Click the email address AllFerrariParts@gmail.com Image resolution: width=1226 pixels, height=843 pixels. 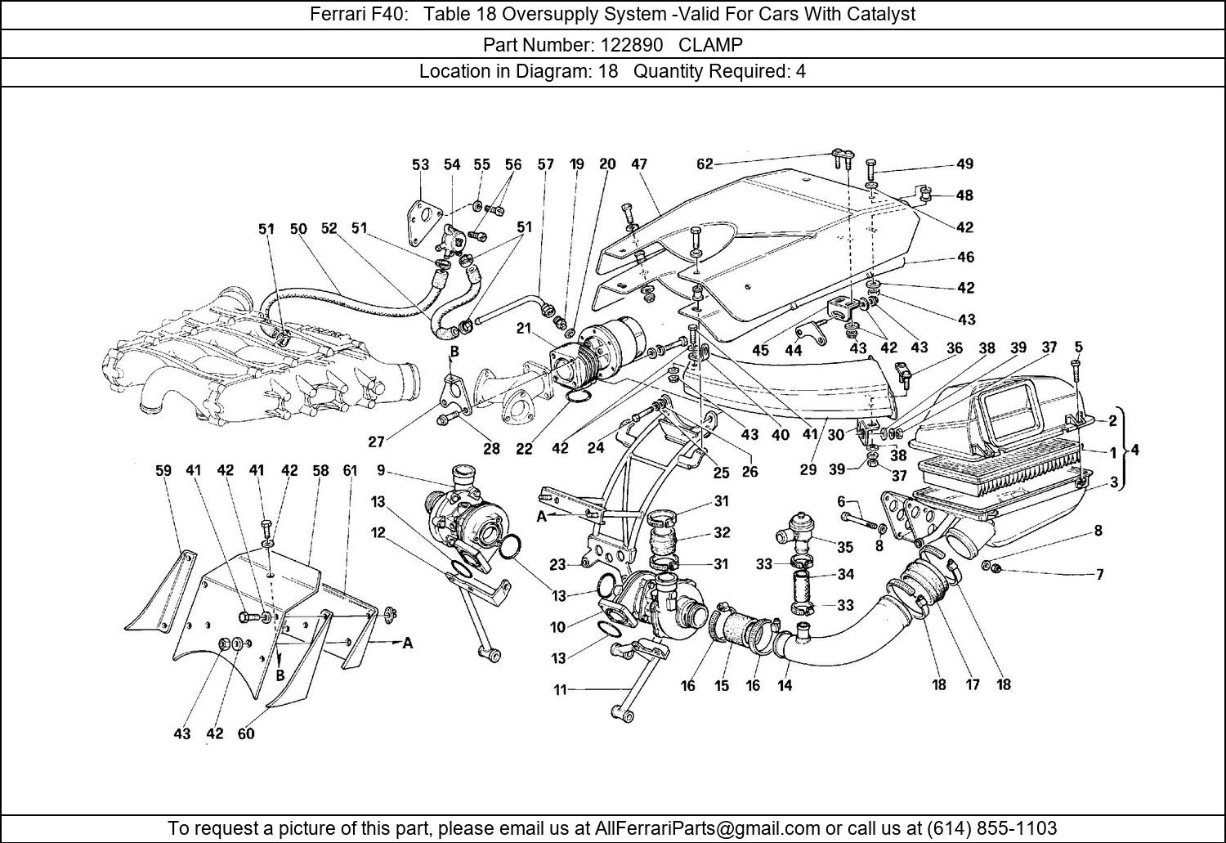pyautogui.click(x=708, y=827)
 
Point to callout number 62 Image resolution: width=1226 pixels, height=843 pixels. pyautogui.click(x=705, y=164)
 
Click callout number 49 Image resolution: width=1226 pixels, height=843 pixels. pyautogui.click(x=964, y=164)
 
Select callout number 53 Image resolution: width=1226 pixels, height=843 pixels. pyautogui.click(x=420, y=164)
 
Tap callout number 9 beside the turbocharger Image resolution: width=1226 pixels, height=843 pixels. pyautogui.click(x=381, y=470)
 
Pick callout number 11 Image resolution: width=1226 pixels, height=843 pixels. pyautogui.click(x=559, y=690)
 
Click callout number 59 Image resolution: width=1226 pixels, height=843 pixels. pyautogui.click(x=163, y=470)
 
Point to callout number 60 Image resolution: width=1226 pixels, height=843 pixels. pyautogui.click(x=245, y=733)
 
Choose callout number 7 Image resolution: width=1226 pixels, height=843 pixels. pyautogui.click(x=1100, y=574)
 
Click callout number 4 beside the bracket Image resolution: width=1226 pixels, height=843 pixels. pyautogui.click(x=1134, y=450)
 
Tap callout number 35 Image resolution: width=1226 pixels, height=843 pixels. pyautogui.click(x=844, y=547)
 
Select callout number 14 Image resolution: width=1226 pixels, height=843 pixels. pyautogui.click(x=785, y=685)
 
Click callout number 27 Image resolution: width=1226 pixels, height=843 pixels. pyautogui.click(x=376, y=442)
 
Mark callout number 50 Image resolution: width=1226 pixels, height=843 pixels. pyautogui.click(x=298, y=229)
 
